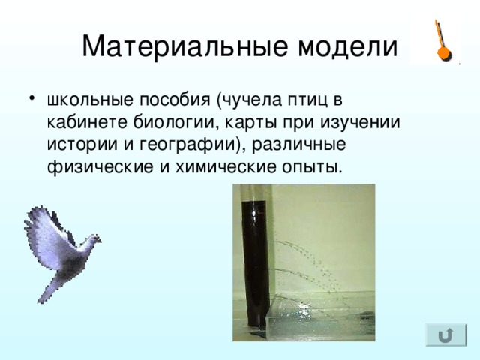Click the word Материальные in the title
coord(185,46)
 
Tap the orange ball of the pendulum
coord(443,53)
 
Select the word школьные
coord(90,100)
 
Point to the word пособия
coord(175,100)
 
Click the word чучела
coord(249,100)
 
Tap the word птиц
coord(307,100)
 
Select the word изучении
coord(360,123)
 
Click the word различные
coord(298,145)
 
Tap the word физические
coord(100,167)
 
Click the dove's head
coord(94,238)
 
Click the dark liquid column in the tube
coord(256,263)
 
